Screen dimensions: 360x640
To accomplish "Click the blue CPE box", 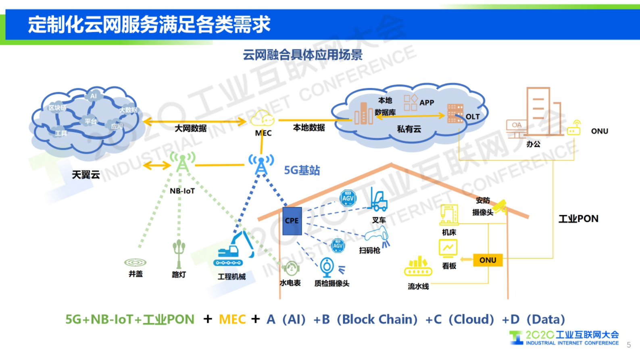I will pyautogui.click(x=292, y=221).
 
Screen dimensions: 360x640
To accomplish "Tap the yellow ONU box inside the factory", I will pyautogui.click(x=488, y=260).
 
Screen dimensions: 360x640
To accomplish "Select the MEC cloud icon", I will pyautogui.click(x=263, y=119).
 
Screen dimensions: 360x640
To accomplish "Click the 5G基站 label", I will pyautogui.click(x=302, y=170).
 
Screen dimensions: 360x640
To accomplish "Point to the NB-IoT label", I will pyautogui.click(x=182, y=191).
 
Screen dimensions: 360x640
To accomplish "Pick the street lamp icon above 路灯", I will pyautogui.click(x=179, y=253).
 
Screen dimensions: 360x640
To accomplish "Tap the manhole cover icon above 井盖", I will pyautogui.click(x=135, y=262).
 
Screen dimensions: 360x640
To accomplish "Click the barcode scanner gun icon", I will pyautogui.click(x=377, y=236).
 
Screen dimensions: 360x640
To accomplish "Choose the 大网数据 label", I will pyautogui.click(x=190, y=128).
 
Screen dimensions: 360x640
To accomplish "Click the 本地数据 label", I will pyautogui.click(x=309, y=128).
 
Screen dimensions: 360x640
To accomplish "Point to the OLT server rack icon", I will pyautogui.click(x=455, y=113).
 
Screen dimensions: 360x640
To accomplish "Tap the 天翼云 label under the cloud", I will pyautogui.click(x=86, y=175).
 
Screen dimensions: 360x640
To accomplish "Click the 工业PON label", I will pyautogui.click(x=578, y=219).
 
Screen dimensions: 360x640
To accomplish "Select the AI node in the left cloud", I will pyautogui.click(x=94, y=96).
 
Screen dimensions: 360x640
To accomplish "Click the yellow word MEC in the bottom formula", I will pyautogui.click(x=232, y=319).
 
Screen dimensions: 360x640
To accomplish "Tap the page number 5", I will pyautogui.click(x=629, y=345).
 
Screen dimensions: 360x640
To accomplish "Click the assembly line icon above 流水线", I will pyautogui.click(x=418, y=267).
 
